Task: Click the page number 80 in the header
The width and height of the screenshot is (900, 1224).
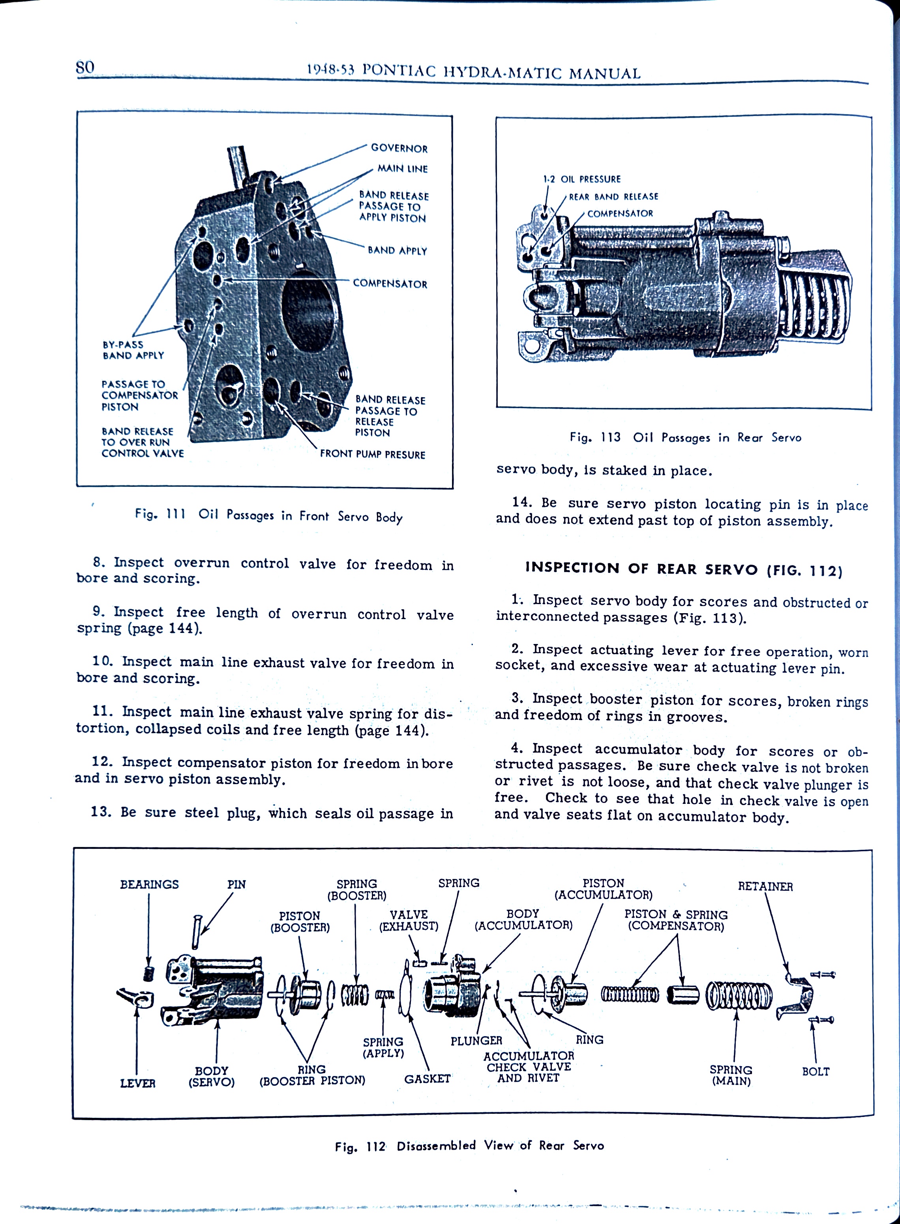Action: pyautogui.click(x=85, y=68)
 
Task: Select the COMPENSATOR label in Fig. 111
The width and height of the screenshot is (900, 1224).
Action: pyautogui.click(x=390, y=283)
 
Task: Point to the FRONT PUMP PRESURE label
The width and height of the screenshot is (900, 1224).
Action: pyautogui.click(x=372, y=454)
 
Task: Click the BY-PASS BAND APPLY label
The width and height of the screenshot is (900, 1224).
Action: pyautogui.click(x=133, y=350)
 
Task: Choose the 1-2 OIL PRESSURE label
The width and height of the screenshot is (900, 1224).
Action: pyautogui.click(x=581, y=179)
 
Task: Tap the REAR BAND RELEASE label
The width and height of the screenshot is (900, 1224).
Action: pyautogui.click(x=613, y=196)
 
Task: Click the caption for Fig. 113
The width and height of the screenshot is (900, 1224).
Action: pyautogui.click(x=685, y=437)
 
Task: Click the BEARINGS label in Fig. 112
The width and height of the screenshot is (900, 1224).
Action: pyautogui.click(x=149, y=884)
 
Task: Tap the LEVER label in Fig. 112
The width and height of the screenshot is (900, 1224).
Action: pyautogui.click(x=137, y=1083)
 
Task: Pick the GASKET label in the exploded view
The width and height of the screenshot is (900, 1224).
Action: pyautogui.click(x=427, y=1078)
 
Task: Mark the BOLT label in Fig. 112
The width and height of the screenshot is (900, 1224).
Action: pyautogui.click(x=815, y=1072)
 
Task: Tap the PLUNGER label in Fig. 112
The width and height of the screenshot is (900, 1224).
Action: pyautogui.click(x=476, y=1041)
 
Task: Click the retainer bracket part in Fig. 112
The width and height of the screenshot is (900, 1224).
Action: pyautogui.click(x=795, y=996)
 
